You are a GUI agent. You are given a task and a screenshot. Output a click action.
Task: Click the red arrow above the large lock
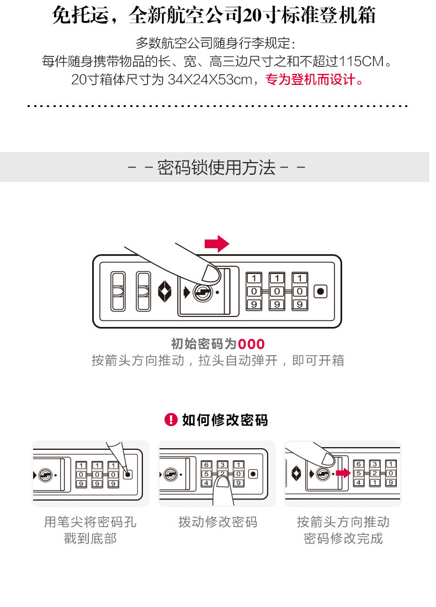click(216, 243)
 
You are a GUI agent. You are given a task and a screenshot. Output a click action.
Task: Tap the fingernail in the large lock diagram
click(211, 272)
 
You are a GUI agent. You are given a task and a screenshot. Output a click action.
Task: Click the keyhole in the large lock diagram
click(202, 292)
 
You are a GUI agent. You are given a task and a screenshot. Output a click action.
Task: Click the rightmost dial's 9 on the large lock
click(299, 304)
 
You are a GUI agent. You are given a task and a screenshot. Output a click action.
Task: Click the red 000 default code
click(251, 345)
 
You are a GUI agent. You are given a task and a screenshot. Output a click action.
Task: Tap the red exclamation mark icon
click(171, 420)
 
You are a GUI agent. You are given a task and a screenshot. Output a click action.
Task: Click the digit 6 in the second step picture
click(206, 464)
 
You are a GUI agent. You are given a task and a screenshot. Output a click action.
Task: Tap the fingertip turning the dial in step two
click(222, 485)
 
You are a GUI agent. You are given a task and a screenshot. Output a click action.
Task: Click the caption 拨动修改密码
click(217, 522)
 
